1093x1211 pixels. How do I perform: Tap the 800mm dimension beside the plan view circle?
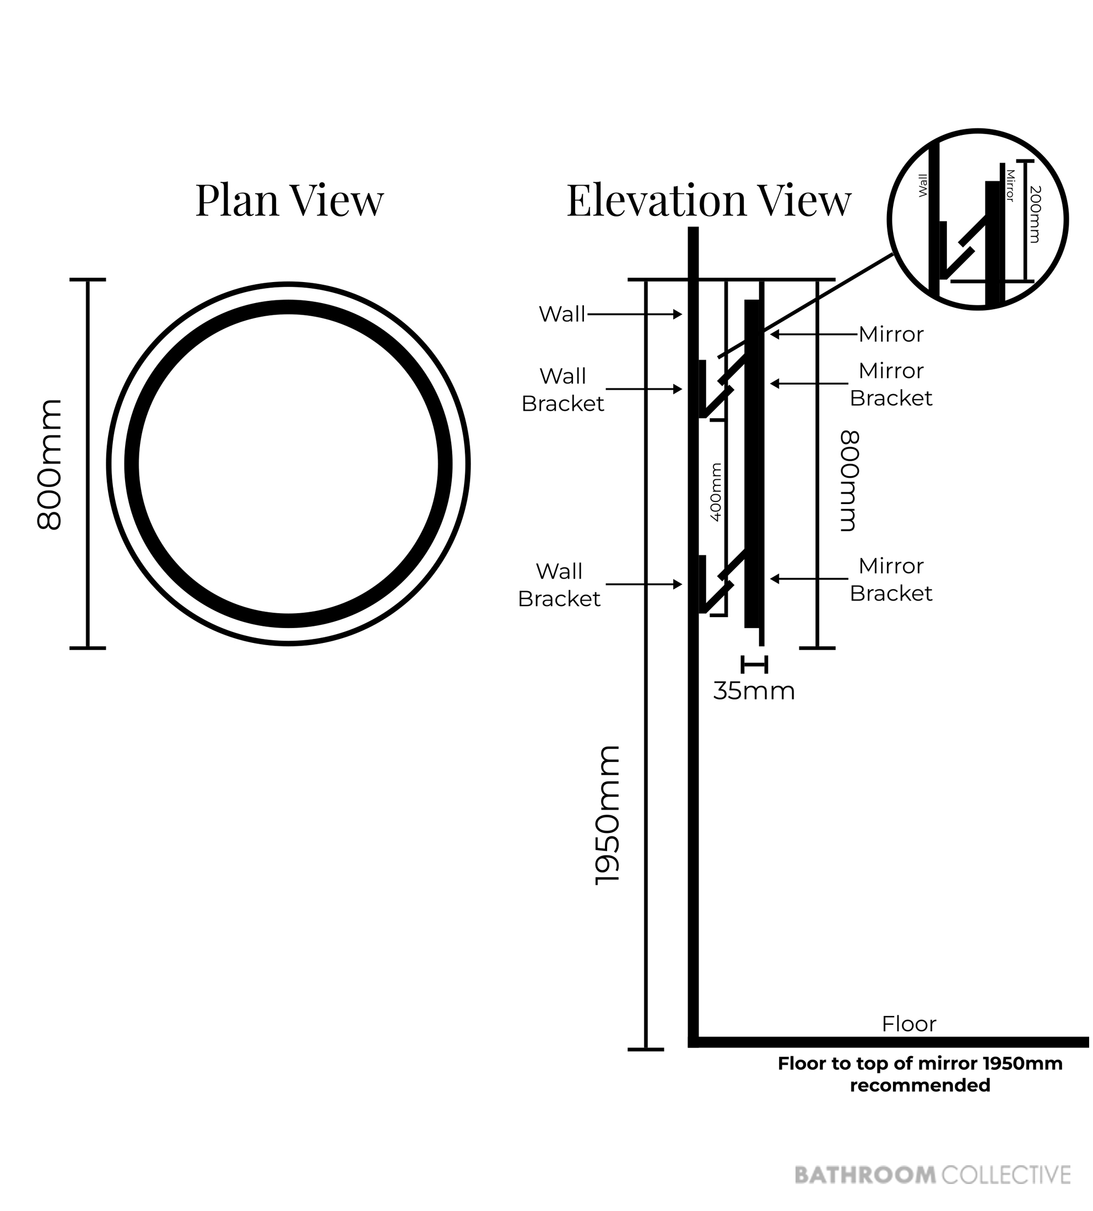coord(49,464)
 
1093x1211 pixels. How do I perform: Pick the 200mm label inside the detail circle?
coord(1034,214)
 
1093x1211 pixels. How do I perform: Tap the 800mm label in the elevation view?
coord(850,480)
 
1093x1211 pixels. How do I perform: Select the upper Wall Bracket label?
coord(562,390)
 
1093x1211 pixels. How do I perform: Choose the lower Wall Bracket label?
coord(559,585)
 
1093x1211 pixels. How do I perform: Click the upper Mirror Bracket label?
coord(891,385)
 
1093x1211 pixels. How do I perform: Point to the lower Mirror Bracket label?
coord(891,580)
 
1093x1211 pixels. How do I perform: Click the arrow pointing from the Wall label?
coord(634,314)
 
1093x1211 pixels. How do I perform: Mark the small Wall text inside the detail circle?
coord(923,185)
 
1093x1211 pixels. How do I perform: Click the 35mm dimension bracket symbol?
coord(754,665)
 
